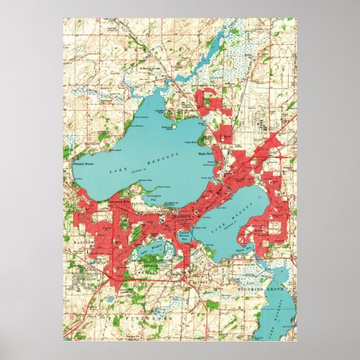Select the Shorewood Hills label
click(x=115, y=201)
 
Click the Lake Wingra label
click(x=149, y=247)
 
